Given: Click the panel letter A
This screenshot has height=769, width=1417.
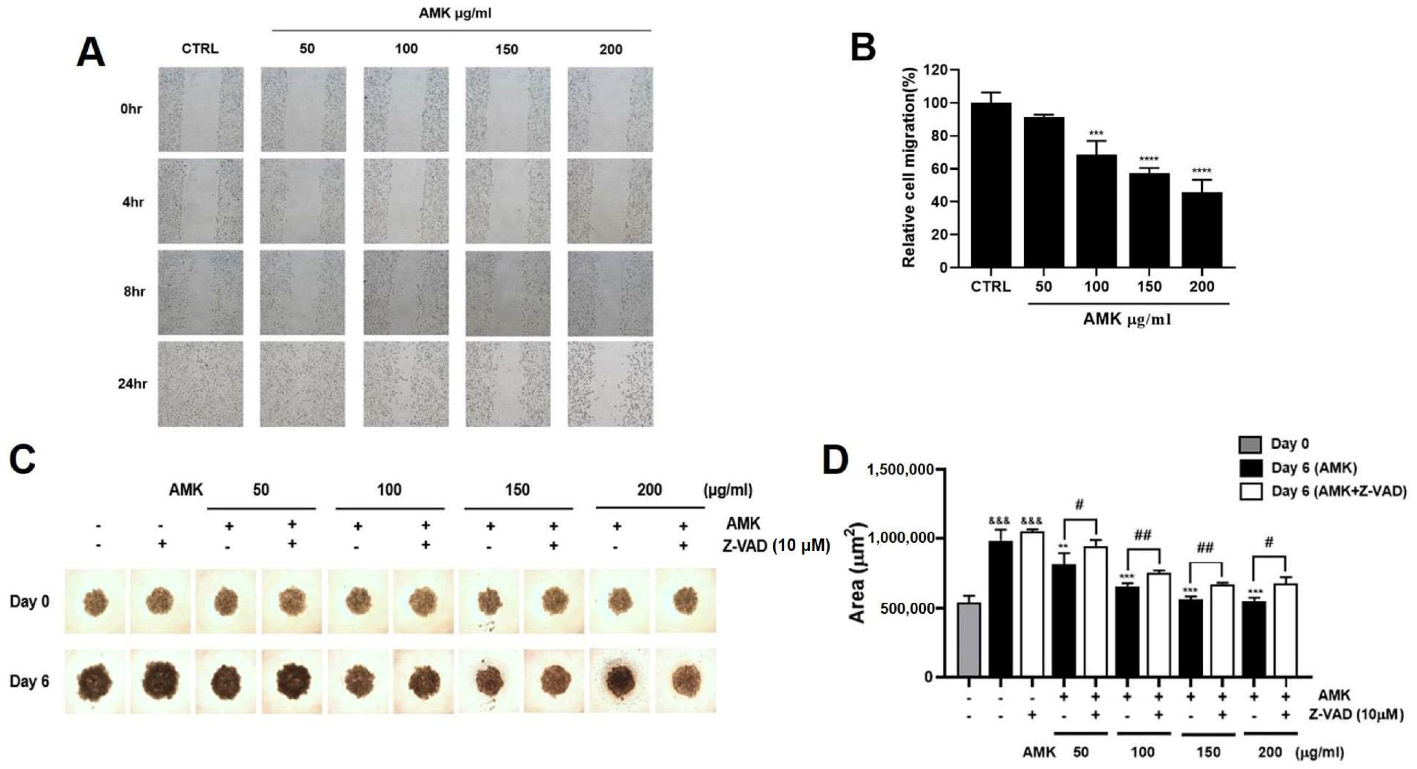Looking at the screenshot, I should [x=91, y=54].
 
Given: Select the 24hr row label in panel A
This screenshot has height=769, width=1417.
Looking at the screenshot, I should [x=132, y=383].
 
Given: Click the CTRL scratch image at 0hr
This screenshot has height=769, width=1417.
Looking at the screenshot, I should [x=201, y=109].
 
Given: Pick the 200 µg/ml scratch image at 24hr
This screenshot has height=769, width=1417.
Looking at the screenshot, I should [x=610, y=384].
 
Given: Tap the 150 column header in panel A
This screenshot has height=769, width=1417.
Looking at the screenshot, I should [x=506, y=49].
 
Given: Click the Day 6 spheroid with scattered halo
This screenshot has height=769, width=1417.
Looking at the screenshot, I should [x=619, y=681].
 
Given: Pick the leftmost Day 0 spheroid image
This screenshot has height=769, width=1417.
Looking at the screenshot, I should [x=95, y=601].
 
